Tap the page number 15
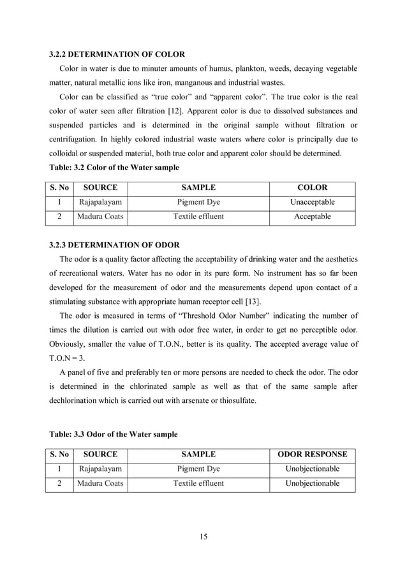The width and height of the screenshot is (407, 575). pyautogui.click(x=203, y=536)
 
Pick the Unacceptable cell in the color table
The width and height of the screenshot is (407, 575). pyautogui.click(x=313, y=202)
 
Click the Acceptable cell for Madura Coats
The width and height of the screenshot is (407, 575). pyautogui.click(x=313, y=217)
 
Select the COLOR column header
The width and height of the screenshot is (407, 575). pyautogui.click(x=313, y=187)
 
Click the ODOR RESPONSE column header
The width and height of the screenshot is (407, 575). pyautogui.click(x=313, y=455)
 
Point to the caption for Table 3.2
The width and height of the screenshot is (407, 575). pyautogui.click(x=114, y=168)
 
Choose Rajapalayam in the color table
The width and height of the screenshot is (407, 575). pyautogui.click(x=100, y=202)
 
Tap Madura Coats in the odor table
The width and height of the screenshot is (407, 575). pyautogui.click(x=100, y=483)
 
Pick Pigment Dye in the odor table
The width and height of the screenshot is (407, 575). pyautogui.click(x=198, y=469)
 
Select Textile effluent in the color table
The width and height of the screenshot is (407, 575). pyautogui.click(x=198, y=217)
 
